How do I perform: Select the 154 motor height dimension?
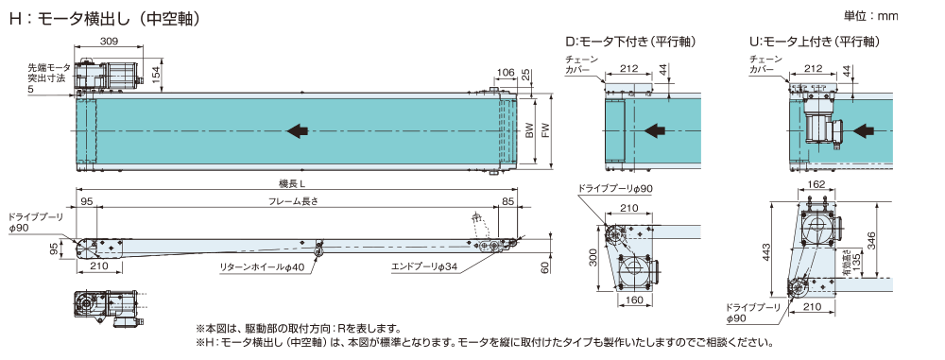coord(155,75)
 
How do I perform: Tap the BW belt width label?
coord(529,131)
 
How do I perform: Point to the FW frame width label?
coord(546,131)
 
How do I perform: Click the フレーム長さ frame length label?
coord(292,202)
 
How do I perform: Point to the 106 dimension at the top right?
coord(505,73)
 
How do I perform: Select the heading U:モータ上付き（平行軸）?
coord(814,42)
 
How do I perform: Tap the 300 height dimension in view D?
coord(593,258)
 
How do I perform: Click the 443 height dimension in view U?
coord(766,251)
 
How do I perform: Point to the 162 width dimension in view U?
coord(817,183)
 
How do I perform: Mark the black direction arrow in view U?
coord(865,129)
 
